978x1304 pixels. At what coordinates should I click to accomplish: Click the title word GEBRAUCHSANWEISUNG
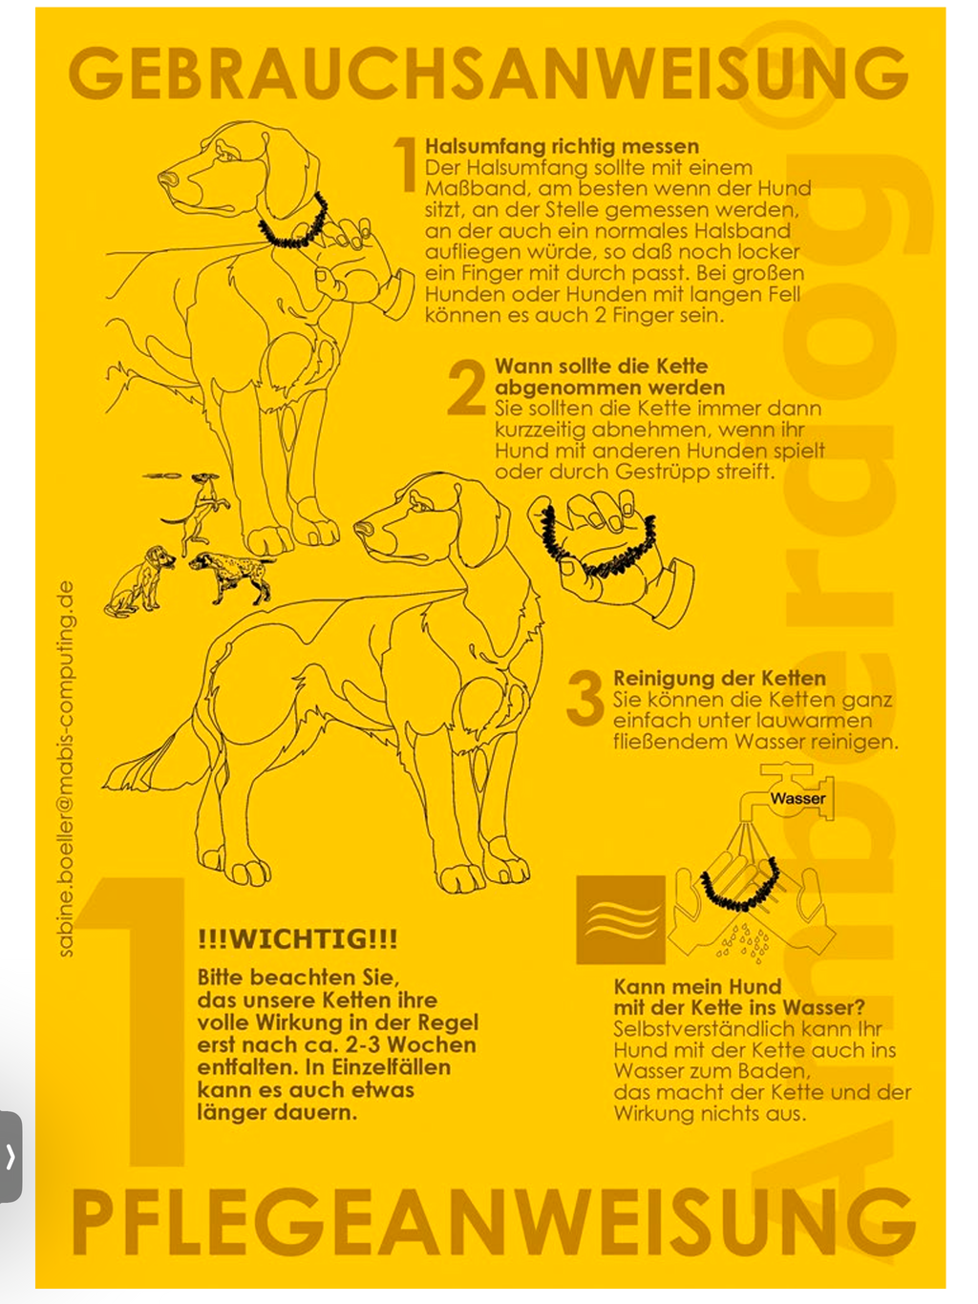click(x=488, y=74)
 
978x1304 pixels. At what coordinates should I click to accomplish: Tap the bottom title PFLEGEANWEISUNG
click(x=492, y=1223)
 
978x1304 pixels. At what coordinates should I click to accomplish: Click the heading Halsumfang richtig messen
click(x=562, y=146)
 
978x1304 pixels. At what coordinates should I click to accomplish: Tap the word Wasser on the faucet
click(x=797, y=798)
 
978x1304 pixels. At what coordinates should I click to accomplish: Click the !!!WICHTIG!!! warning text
click(x=297, y=939)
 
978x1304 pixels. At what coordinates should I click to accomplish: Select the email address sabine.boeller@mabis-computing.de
click(x=65, y=768)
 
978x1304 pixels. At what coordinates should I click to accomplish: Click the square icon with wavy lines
click(x=621, y=919)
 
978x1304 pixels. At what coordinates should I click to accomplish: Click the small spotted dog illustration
click(x=231, y=575)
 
